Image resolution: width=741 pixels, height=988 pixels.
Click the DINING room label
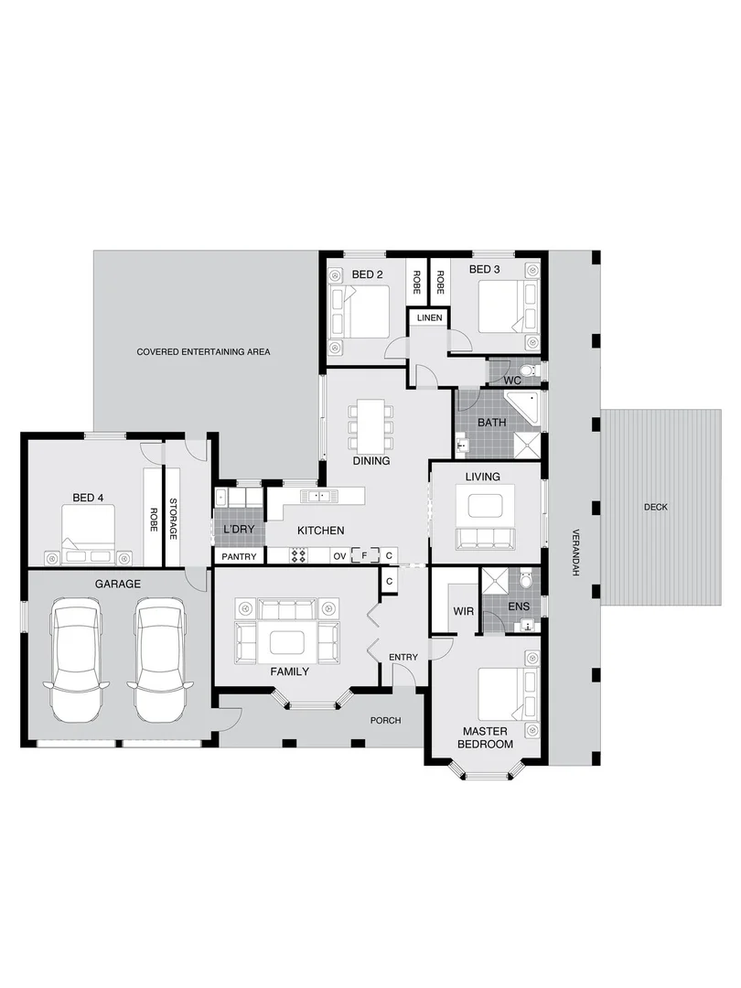tap(370, 461)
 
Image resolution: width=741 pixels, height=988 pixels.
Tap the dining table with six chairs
tap(370, 424)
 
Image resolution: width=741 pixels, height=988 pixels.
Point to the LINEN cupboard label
tap(428, 318)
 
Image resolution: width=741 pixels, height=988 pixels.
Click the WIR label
tap(463, 612)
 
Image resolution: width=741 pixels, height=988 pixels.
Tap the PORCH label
tap(385, 720)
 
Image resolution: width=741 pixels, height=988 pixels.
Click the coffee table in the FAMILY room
tap(286, 642)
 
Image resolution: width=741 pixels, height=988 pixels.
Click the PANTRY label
tap(239, 556)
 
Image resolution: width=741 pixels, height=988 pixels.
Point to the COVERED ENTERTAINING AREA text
tap(203, 351)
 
